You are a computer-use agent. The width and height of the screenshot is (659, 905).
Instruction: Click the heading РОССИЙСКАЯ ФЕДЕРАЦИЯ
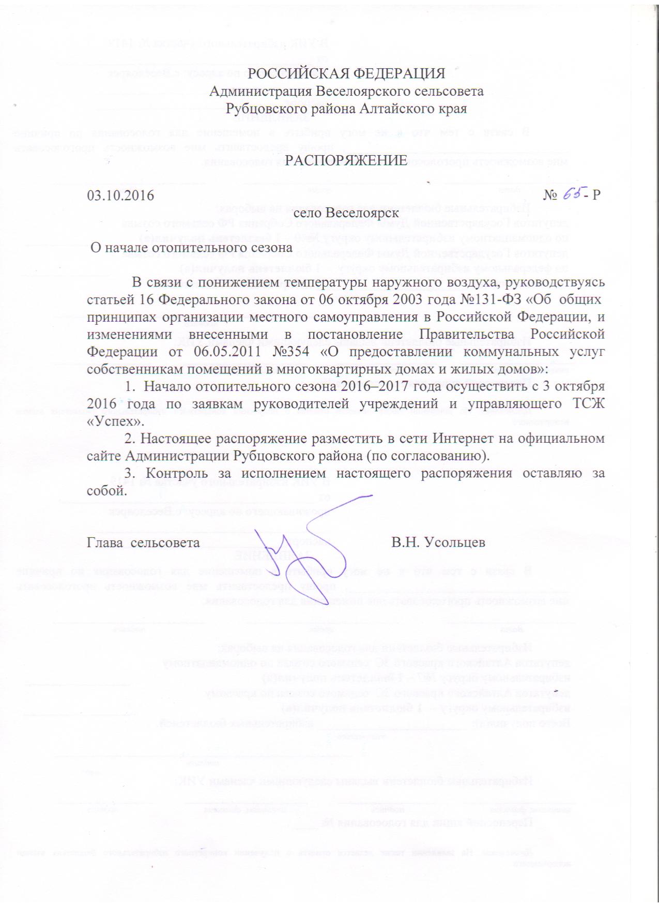[346, 73]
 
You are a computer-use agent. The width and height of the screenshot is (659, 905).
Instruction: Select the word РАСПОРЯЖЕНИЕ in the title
[346, 160]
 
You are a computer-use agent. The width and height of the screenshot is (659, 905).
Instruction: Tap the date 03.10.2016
[120, 195]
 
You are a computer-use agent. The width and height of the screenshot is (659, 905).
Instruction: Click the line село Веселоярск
[346, 213]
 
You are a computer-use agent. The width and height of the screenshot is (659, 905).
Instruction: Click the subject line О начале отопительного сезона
[192, 247]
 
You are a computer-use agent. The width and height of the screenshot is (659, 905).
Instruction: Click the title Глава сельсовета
[143, 542]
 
